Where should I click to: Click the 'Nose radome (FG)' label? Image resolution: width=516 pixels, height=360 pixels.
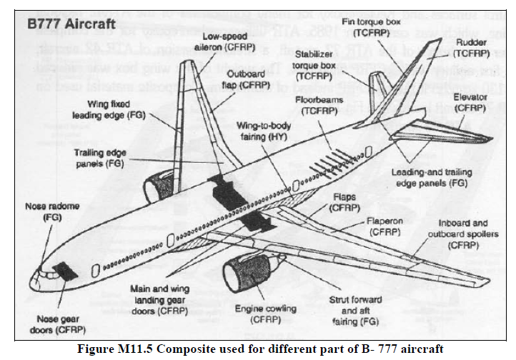click(x=53, y=211)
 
